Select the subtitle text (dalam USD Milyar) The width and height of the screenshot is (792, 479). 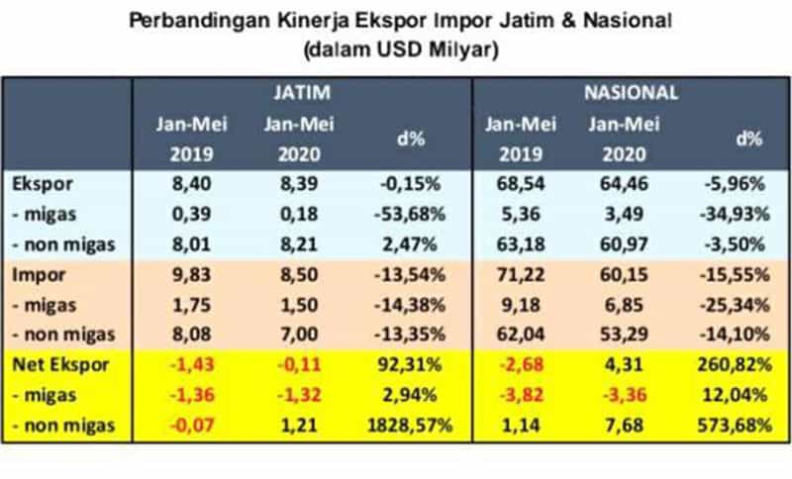396,47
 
